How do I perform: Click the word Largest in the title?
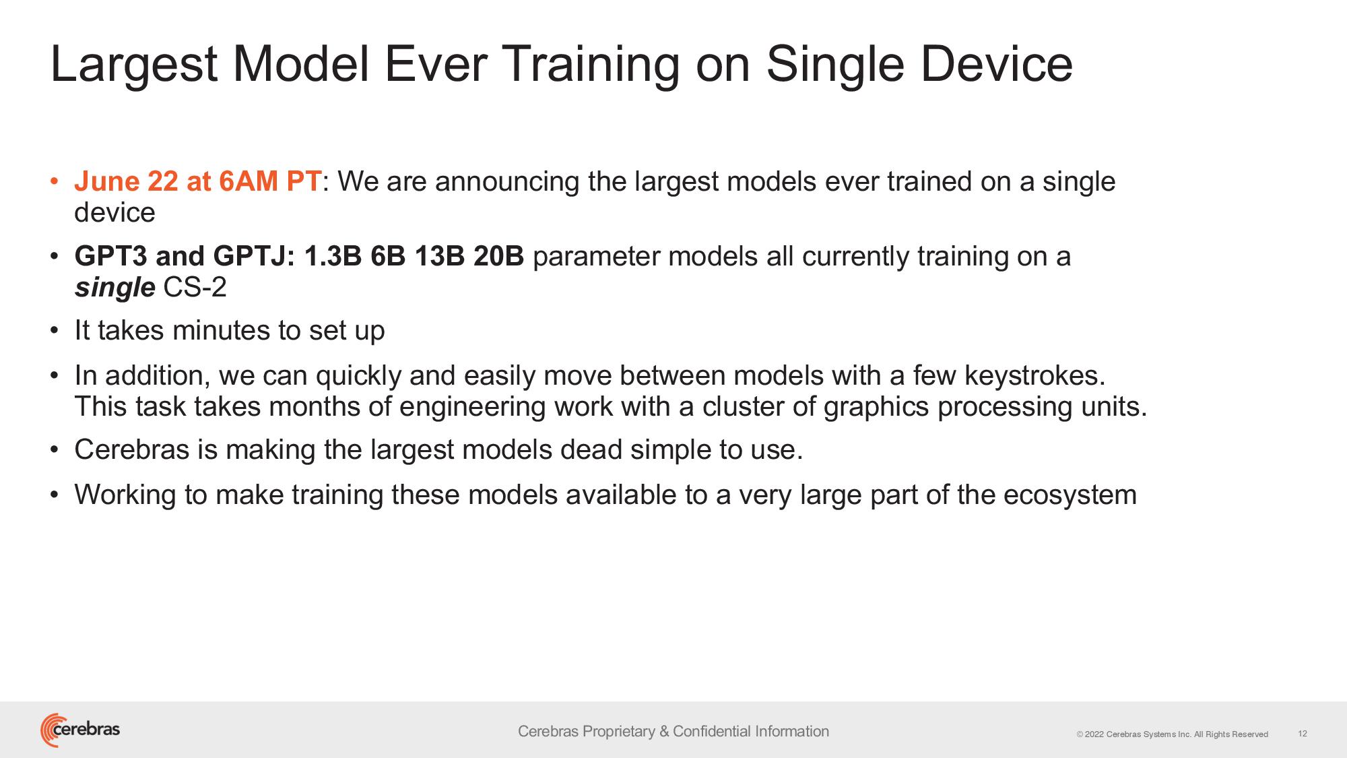point(133,65)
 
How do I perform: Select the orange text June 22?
point(127,181)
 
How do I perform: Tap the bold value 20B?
point(498,256)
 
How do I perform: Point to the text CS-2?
point(195,287)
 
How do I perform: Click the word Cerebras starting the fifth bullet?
point(132,449)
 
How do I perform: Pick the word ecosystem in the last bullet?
point(1070,496)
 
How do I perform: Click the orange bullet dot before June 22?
point(55,182)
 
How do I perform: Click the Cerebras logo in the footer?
point(80,730)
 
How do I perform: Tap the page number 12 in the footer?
point(1303,733)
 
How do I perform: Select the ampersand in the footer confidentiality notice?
point(664,731)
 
